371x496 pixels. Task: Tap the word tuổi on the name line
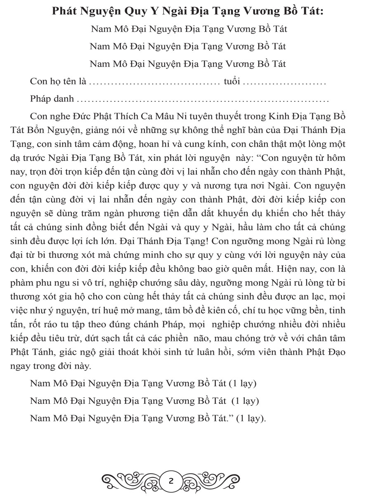[232, 81]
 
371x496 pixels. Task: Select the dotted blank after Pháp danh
[203, 100]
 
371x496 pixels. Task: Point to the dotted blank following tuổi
[285, 82]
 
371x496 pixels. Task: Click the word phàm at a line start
[21, 284]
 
